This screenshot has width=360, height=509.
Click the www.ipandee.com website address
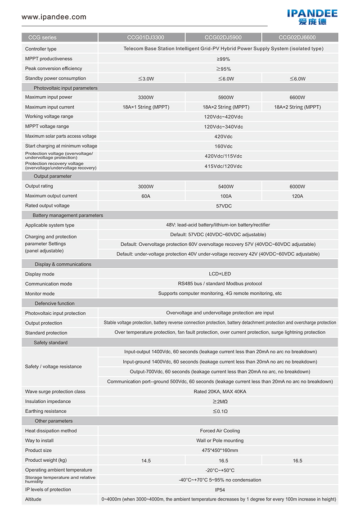tap(54, 17)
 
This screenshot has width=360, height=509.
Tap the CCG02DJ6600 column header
tap(297, 38)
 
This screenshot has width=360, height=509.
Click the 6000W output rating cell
tap(297, 186)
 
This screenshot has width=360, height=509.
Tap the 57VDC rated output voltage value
tap(224, 206)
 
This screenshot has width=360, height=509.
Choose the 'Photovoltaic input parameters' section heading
tap(65, 88)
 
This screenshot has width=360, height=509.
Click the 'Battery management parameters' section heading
tap(67, 216)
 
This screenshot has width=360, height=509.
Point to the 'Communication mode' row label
tap(49, 284)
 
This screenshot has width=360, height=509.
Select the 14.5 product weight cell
tap(146, 460)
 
